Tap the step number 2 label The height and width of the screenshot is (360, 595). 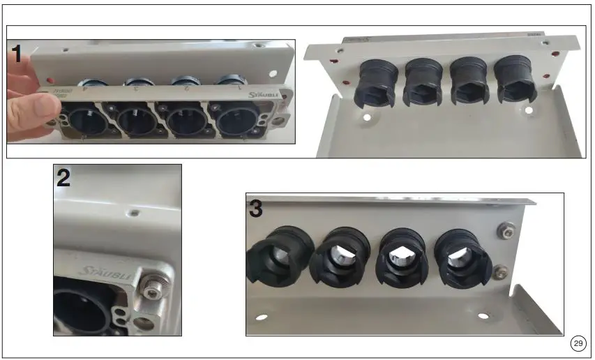tap(63, 179)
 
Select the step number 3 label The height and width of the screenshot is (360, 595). tap(256, 209)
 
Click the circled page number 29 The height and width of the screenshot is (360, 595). tap(578, 343)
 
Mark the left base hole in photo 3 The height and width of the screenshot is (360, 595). tap(262, 317)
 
